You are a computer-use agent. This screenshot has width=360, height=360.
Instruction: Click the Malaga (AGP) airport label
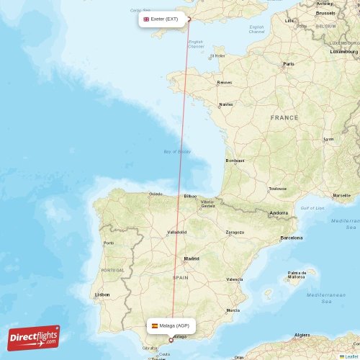click(171, 325)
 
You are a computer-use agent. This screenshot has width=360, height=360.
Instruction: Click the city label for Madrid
click(192, 258)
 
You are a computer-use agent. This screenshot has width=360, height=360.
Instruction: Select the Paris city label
click(289, 64)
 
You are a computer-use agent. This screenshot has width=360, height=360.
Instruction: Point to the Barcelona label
click(292, 237)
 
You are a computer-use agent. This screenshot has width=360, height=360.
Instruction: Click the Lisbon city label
click(102, 294)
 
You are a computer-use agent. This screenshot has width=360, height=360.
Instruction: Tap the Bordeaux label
click(235, 161)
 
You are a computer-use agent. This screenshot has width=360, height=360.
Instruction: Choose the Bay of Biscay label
click(176, 152)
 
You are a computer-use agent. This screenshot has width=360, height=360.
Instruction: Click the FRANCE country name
click(284, 117)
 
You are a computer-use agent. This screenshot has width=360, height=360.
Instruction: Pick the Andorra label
click(279, 213)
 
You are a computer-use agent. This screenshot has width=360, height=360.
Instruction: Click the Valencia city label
click(234, 279)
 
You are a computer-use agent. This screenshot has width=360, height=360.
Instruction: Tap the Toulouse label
click(277, 189)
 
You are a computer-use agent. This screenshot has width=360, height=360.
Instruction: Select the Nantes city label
click(226, 104)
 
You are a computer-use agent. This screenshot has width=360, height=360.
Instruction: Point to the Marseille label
click(342, 195)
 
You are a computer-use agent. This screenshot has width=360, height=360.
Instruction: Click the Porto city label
click(109, 243)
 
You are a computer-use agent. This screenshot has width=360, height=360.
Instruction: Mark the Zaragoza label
click(235, 233)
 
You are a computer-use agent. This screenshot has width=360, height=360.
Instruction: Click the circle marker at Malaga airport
click(171, 340)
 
